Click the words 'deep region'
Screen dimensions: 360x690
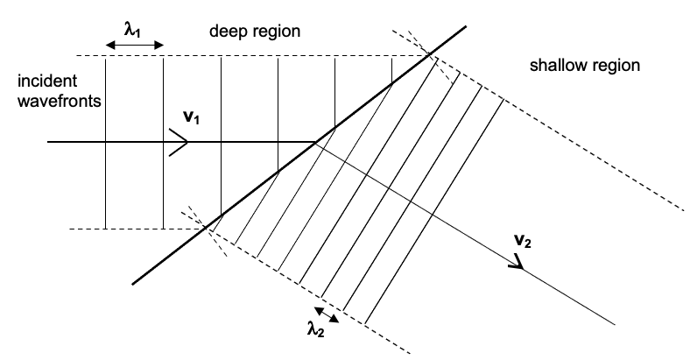[x=255, y=32]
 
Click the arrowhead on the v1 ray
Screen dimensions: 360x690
[x=180, y=142]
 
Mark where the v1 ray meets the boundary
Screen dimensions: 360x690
[x=317, y=142]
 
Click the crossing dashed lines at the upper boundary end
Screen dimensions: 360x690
[x=429, y=56]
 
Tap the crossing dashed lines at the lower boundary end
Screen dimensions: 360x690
[x=208, y=228]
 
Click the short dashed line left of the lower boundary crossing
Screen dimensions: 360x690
[x=131, y=229]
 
